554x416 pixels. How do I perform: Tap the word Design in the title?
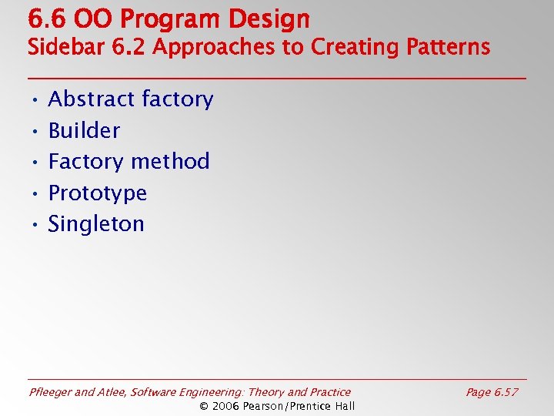271,18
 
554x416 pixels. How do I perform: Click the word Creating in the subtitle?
351,48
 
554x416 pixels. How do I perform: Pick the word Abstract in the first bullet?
88,99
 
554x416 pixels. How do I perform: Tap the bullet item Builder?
84,131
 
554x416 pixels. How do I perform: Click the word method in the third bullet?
170,162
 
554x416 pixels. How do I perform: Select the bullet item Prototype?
97,193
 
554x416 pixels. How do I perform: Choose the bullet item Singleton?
96,224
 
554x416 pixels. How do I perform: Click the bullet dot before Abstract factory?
35,100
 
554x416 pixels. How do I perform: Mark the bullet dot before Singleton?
35,225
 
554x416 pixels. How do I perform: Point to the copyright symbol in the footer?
204,406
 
